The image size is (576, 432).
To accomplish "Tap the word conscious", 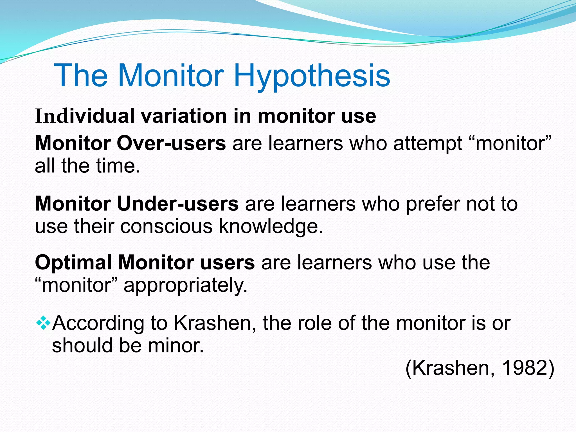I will tap(166, 226).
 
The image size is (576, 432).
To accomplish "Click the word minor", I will tap(175, 345).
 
